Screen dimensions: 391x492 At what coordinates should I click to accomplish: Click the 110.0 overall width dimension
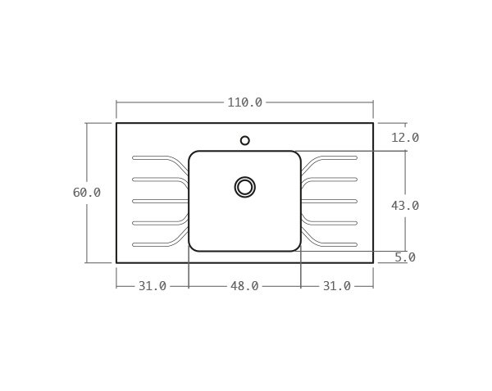tap(244, 102)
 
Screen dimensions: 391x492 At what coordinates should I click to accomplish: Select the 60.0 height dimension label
tap(86, 193)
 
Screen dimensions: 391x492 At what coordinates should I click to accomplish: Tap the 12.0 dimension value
tap(404, 138)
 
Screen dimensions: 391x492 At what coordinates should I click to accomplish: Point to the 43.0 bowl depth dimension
tap(404, 206)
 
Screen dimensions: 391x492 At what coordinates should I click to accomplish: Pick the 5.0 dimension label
tap(404, 257)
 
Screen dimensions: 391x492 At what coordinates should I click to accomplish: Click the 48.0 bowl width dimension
tap(244, 286)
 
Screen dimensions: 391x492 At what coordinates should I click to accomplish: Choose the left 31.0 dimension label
tap(152, 286)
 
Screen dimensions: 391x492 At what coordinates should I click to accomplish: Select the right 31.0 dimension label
tap(336, 286)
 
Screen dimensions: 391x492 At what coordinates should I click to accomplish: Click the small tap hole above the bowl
tap(244, 140)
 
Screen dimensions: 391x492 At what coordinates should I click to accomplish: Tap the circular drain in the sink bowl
tap(244, 187)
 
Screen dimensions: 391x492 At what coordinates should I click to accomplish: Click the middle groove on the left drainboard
tap(156, 201)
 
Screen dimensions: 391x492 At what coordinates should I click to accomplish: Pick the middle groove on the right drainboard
tap(332, 201)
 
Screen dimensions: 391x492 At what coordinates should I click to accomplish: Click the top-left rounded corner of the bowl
tap(193, 155)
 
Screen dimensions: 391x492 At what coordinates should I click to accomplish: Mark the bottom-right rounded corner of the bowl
tap(297, 247)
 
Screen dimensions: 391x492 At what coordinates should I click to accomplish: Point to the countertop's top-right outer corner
tap(373, 123)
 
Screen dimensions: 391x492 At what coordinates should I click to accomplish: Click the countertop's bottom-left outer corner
tap(116, 262)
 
